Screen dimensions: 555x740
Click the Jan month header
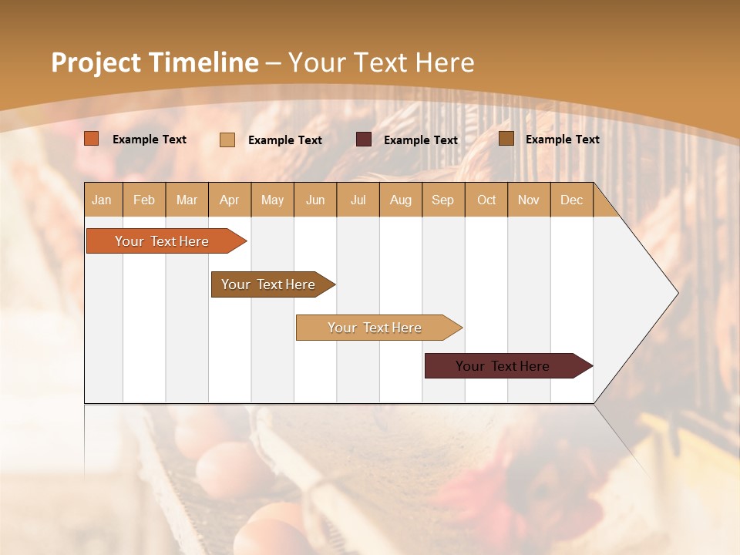(x=102, y=200)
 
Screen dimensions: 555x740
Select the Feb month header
(x=144, y=200)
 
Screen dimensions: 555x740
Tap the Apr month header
(x=230, y=200)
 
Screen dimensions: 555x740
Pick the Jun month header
(x=315, y=200)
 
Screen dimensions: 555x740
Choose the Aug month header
(x=401, y=200)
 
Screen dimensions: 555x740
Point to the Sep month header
(x=442, y=200)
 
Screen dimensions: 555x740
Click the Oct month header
(x=486, y=200)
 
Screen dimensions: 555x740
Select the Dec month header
(x=572, y=200)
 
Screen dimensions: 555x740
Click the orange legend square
(x=92, y=139)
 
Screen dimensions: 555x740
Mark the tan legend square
(x=227, y=140)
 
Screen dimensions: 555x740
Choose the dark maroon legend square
(x=364, y=140)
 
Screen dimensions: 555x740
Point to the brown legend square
(x=506, y=139)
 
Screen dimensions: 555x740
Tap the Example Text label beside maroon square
(x=421, y=140)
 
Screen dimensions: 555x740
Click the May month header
(x=272, y=200)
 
